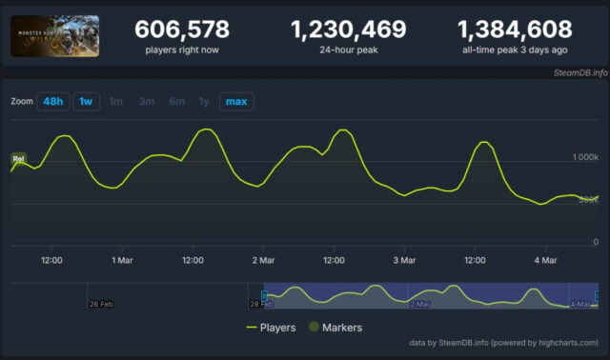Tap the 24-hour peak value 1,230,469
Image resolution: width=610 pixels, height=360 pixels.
point(348,30)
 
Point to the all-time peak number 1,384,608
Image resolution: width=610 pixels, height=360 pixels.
point(515,30)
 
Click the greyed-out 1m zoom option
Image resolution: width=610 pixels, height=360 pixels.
point(115,101)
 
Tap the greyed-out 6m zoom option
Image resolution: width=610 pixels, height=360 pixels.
point(176,101)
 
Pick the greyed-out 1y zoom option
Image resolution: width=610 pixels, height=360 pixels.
point(203,101)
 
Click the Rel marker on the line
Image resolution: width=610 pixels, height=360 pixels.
point(17,158)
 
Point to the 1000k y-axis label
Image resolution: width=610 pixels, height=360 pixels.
point(584,155)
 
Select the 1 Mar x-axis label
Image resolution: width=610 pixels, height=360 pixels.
point(121,259)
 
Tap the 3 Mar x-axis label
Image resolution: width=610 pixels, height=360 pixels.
point(403,259)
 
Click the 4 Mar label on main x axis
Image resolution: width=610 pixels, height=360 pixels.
point(544,259)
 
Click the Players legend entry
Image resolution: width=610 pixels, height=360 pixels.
point(271,328)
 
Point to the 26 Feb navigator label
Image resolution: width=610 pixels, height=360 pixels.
point(101,304)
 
